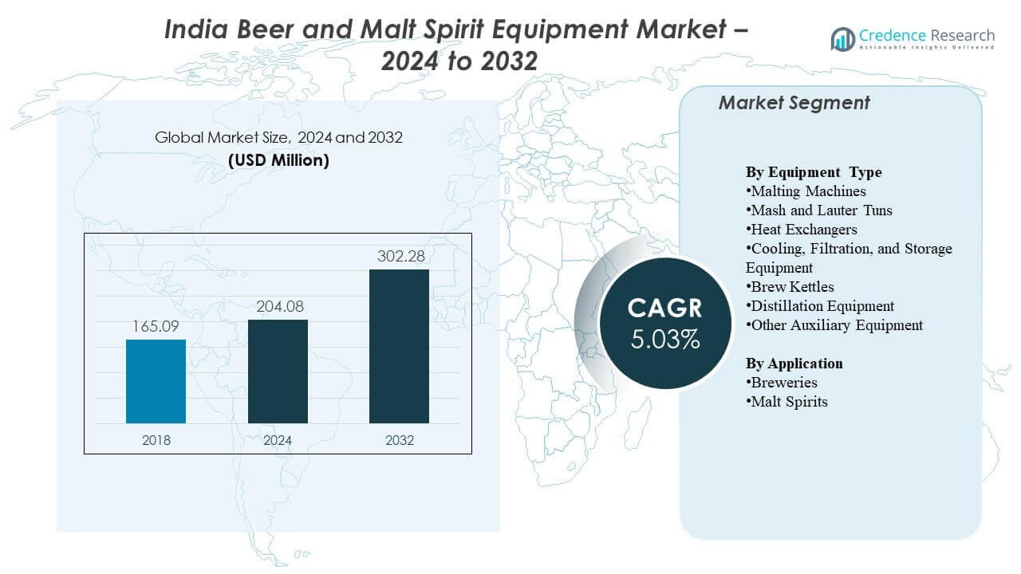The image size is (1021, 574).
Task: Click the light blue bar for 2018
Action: point(156,381)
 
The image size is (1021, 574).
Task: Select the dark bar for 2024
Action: point(278,372)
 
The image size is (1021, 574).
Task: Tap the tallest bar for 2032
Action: point(399,346)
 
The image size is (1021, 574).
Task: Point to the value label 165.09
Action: point(156,327)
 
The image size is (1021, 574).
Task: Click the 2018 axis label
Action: point(156,440)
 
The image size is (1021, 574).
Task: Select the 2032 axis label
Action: point(399,440)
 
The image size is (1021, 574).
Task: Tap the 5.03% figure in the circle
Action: point(665,340)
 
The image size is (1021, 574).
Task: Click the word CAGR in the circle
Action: point(665,309)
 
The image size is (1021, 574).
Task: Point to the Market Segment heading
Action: point(794,103)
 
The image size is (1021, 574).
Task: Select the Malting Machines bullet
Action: point(807,191)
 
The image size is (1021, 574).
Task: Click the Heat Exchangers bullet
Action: point(803,230)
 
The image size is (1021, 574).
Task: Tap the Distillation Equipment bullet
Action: point(822,306)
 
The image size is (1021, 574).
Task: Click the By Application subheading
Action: point(794,364)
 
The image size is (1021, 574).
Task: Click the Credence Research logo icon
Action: point(842,38)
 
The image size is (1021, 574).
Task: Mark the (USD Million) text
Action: point(278,160)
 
